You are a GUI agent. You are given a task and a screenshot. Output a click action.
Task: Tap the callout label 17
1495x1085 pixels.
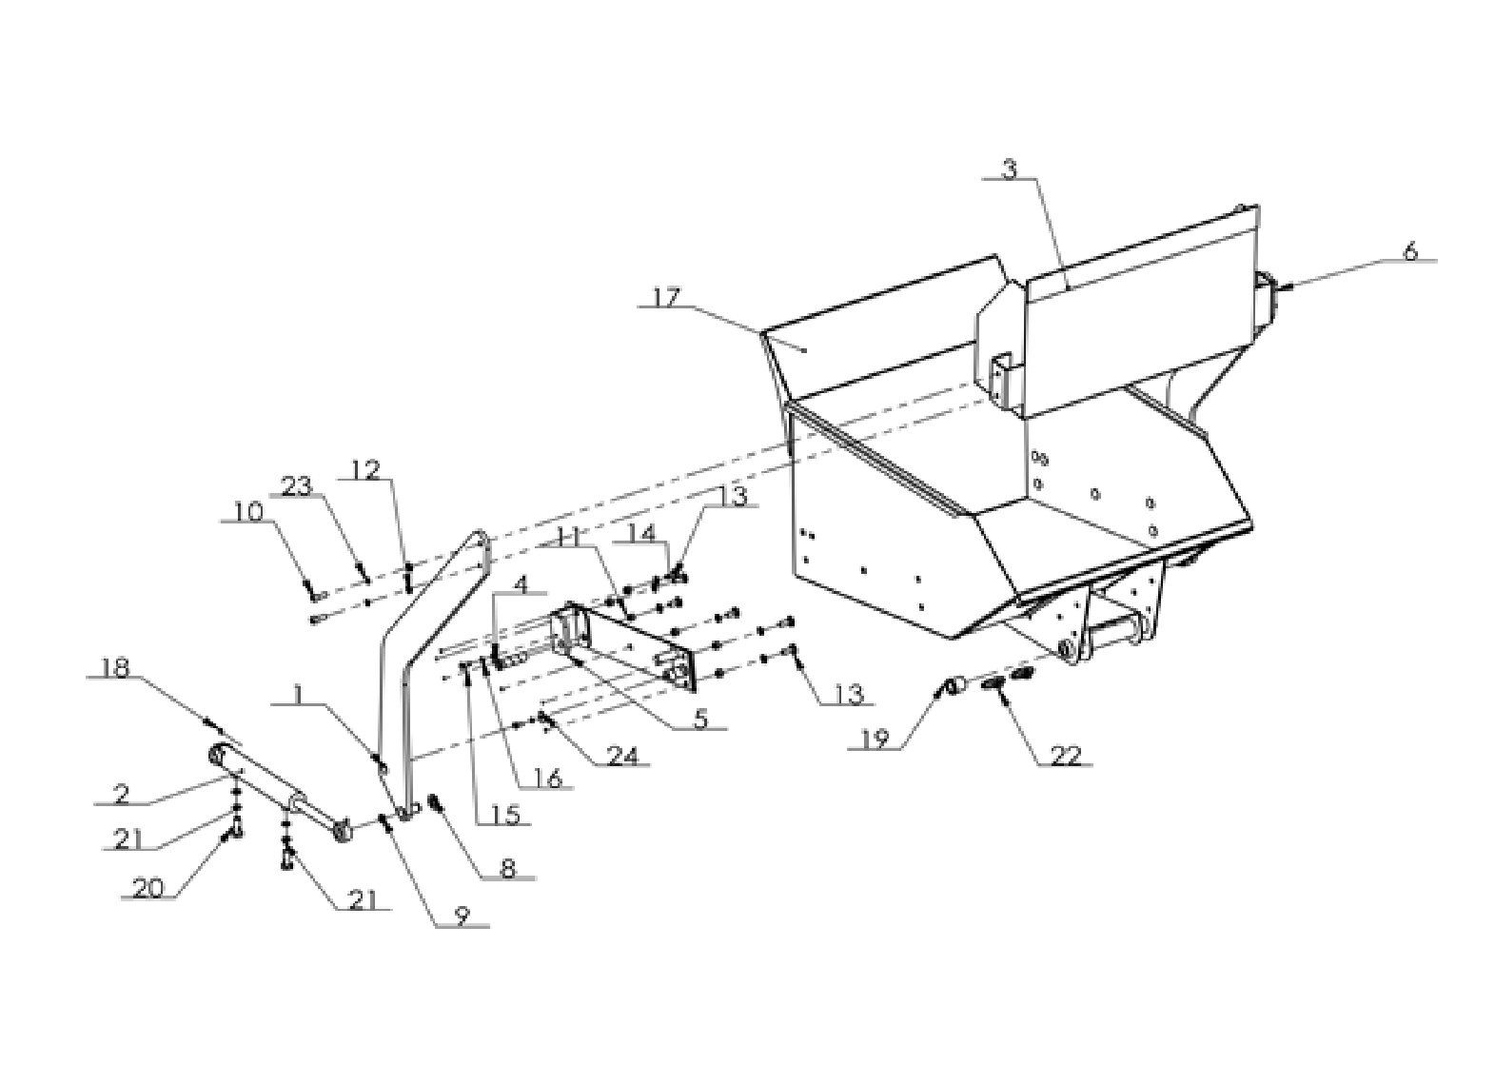pos(669,298)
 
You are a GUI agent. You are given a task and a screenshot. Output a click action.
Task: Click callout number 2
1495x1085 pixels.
pos(121,792)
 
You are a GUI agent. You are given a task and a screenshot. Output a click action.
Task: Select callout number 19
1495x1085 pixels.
pos(876,740)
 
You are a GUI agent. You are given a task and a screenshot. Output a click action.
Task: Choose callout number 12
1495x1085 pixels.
pos(366,469)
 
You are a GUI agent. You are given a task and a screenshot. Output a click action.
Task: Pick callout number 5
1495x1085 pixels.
pos(699,719)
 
